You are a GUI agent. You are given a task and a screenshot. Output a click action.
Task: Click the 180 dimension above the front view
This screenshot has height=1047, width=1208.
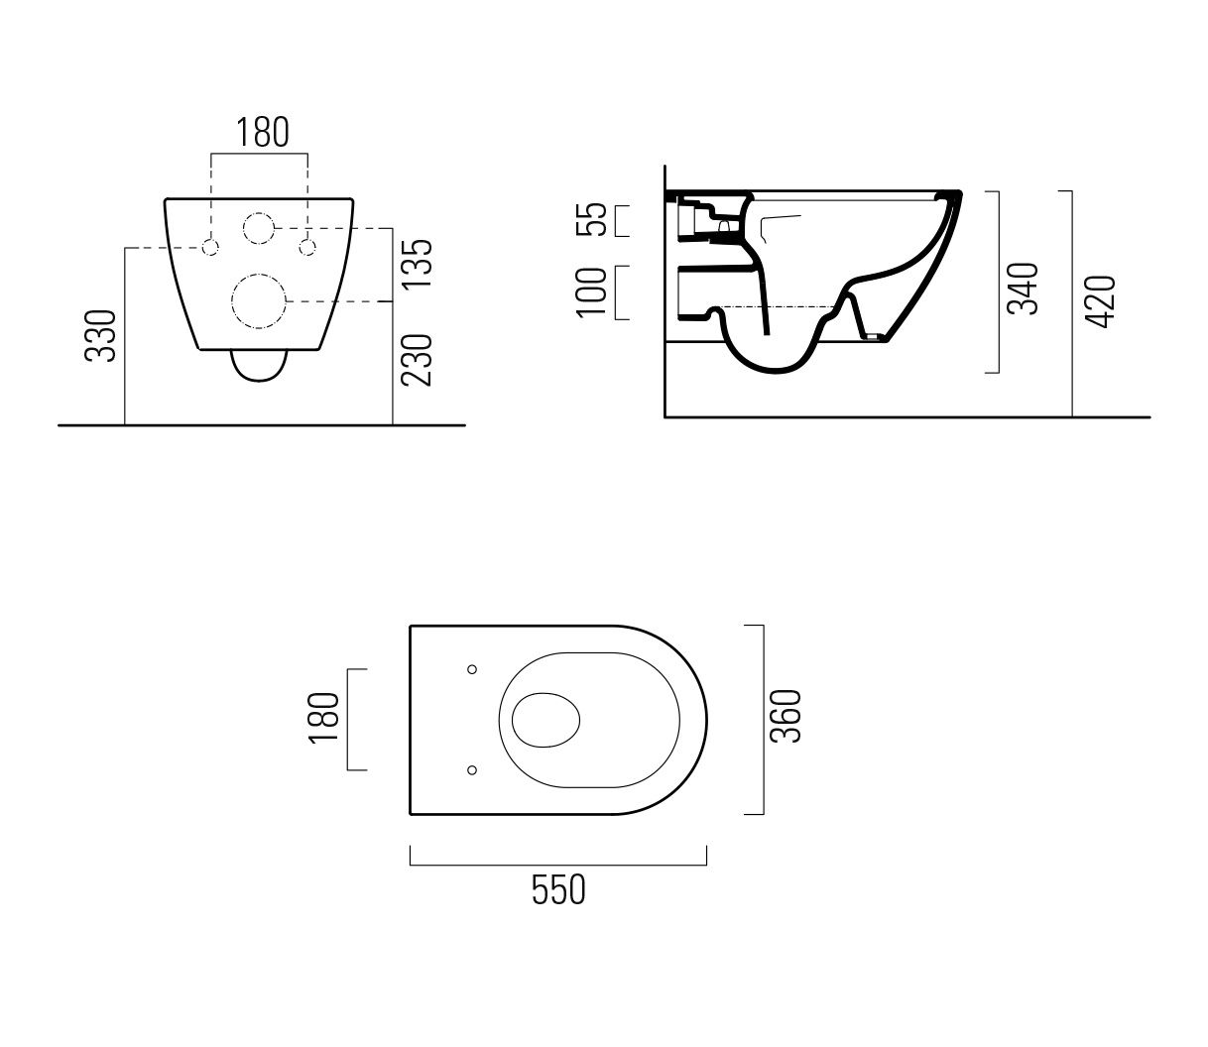[263, 133]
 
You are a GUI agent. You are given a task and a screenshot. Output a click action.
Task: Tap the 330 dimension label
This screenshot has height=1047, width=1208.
[101, 336]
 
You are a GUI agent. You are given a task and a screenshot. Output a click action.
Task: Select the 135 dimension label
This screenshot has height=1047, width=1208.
[417, 264]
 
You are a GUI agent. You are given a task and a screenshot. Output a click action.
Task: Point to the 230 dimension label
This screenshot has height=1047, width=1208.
[417, 360]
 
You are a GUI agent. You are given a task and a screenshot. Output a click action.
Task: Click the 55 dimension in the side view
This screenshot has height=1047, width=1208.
[591, 219]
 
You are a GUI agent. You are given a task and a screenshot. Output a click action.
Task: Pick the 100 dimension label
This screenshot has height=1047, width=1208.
[591, 293]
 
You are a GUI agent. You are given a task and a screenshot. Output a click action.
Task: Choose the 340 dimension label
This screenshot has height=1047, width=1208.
[1023, 289]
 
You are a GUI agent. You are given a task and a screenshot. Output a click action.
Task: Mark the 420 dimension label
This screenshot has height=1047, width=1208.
[1100, 301]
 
